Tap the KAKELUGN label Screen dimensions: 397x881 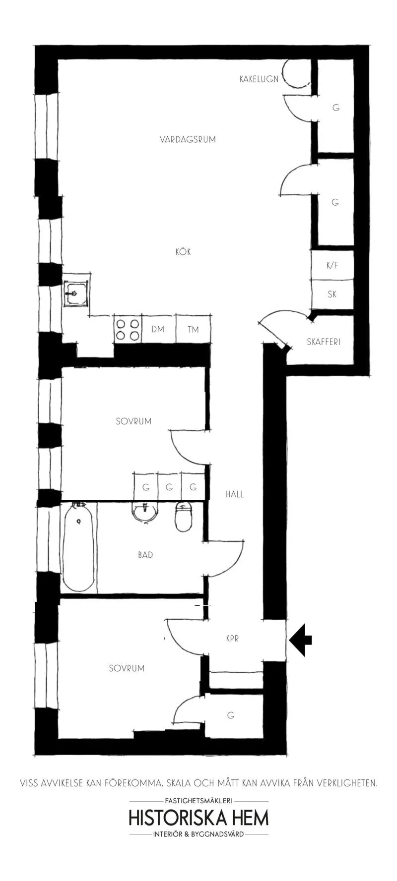[259, 79]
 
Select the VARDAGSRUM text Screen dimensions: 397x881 [188, 139]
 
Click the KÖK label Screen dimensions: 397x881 [183, 251]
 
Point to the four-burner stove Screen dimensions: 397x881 [128, 329]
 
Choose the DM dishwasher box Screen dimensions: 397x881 [158, 329]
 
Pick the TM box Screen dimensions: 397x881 [193, 329]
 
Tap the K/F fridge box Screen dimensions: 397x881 [332, 265]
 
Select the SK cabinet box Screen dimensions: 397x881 [332, 294]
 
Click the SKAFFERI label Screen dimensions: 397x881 [324, 342]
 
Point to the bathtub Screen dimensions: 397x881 [78, 547]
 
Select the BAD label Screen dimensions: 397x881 [145, 555]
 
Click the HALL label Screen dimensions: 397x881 [235, 494]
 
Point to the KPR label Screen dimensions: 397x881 [232, 639]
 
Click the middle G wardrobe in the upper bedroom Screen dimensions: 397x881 [169, 487]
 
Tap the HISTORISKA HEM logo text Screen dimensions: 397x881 [198, 818]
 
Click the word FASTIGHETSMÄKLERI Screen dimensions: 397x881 [198, 800]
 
